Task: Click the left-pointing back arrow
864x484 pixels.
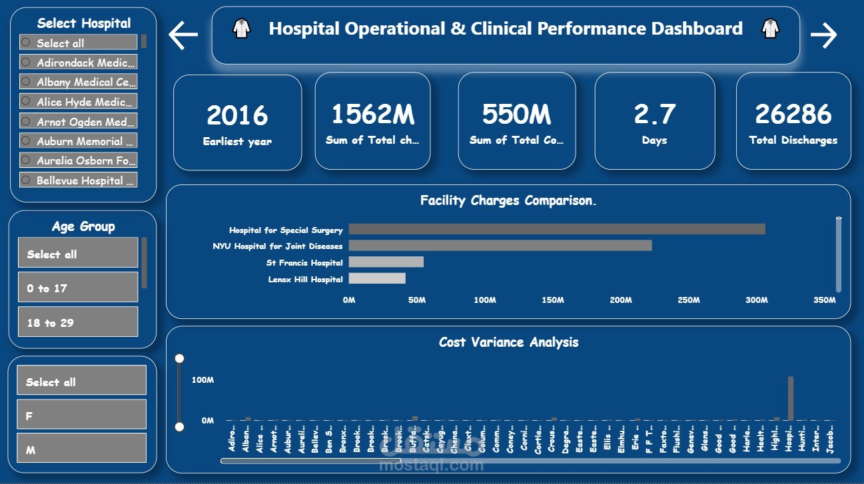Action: point(183,35)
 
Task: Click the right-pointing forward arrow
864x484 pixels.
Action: point(823,35)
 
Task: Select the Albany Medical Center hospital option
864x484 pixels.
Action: point(79,82)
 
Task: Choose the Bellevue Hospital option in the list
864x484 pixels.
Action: point(79,180)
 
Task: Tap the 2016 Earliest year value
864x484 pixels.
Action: point(237,115)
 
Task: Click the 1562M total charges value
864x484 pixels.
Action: point(372,114)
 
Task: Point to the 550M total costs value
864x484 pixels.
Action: point(516,114)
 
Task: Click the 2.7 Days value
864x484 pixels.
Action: point(654,114)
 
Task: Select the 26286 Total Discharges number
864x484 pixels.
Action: point(793,114)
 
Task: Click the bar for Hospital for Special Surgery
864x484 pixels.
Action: point(556,229)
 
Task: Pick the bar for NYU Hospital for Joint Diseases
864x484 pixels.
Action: point(500,246)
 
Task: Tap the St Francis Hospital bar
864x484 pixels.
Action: point(386,262)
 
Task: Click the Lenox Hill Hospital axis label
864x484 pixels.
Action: point(305,280)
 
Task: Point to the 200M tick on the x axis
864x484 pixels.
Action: point(620,300)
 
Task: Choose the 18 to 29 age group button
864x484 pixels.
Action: point(77,322)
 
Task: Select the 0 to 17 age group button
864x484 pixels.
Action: point(77,288)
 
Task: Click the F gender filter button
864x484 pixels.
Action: point(81,415)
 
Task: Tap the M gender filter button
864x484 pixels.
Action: point(81,450)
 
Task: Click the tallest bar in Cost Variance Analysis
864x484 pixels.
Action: point(791,399)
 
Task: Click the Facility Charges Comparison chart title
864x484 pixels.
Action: point(508,200)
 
